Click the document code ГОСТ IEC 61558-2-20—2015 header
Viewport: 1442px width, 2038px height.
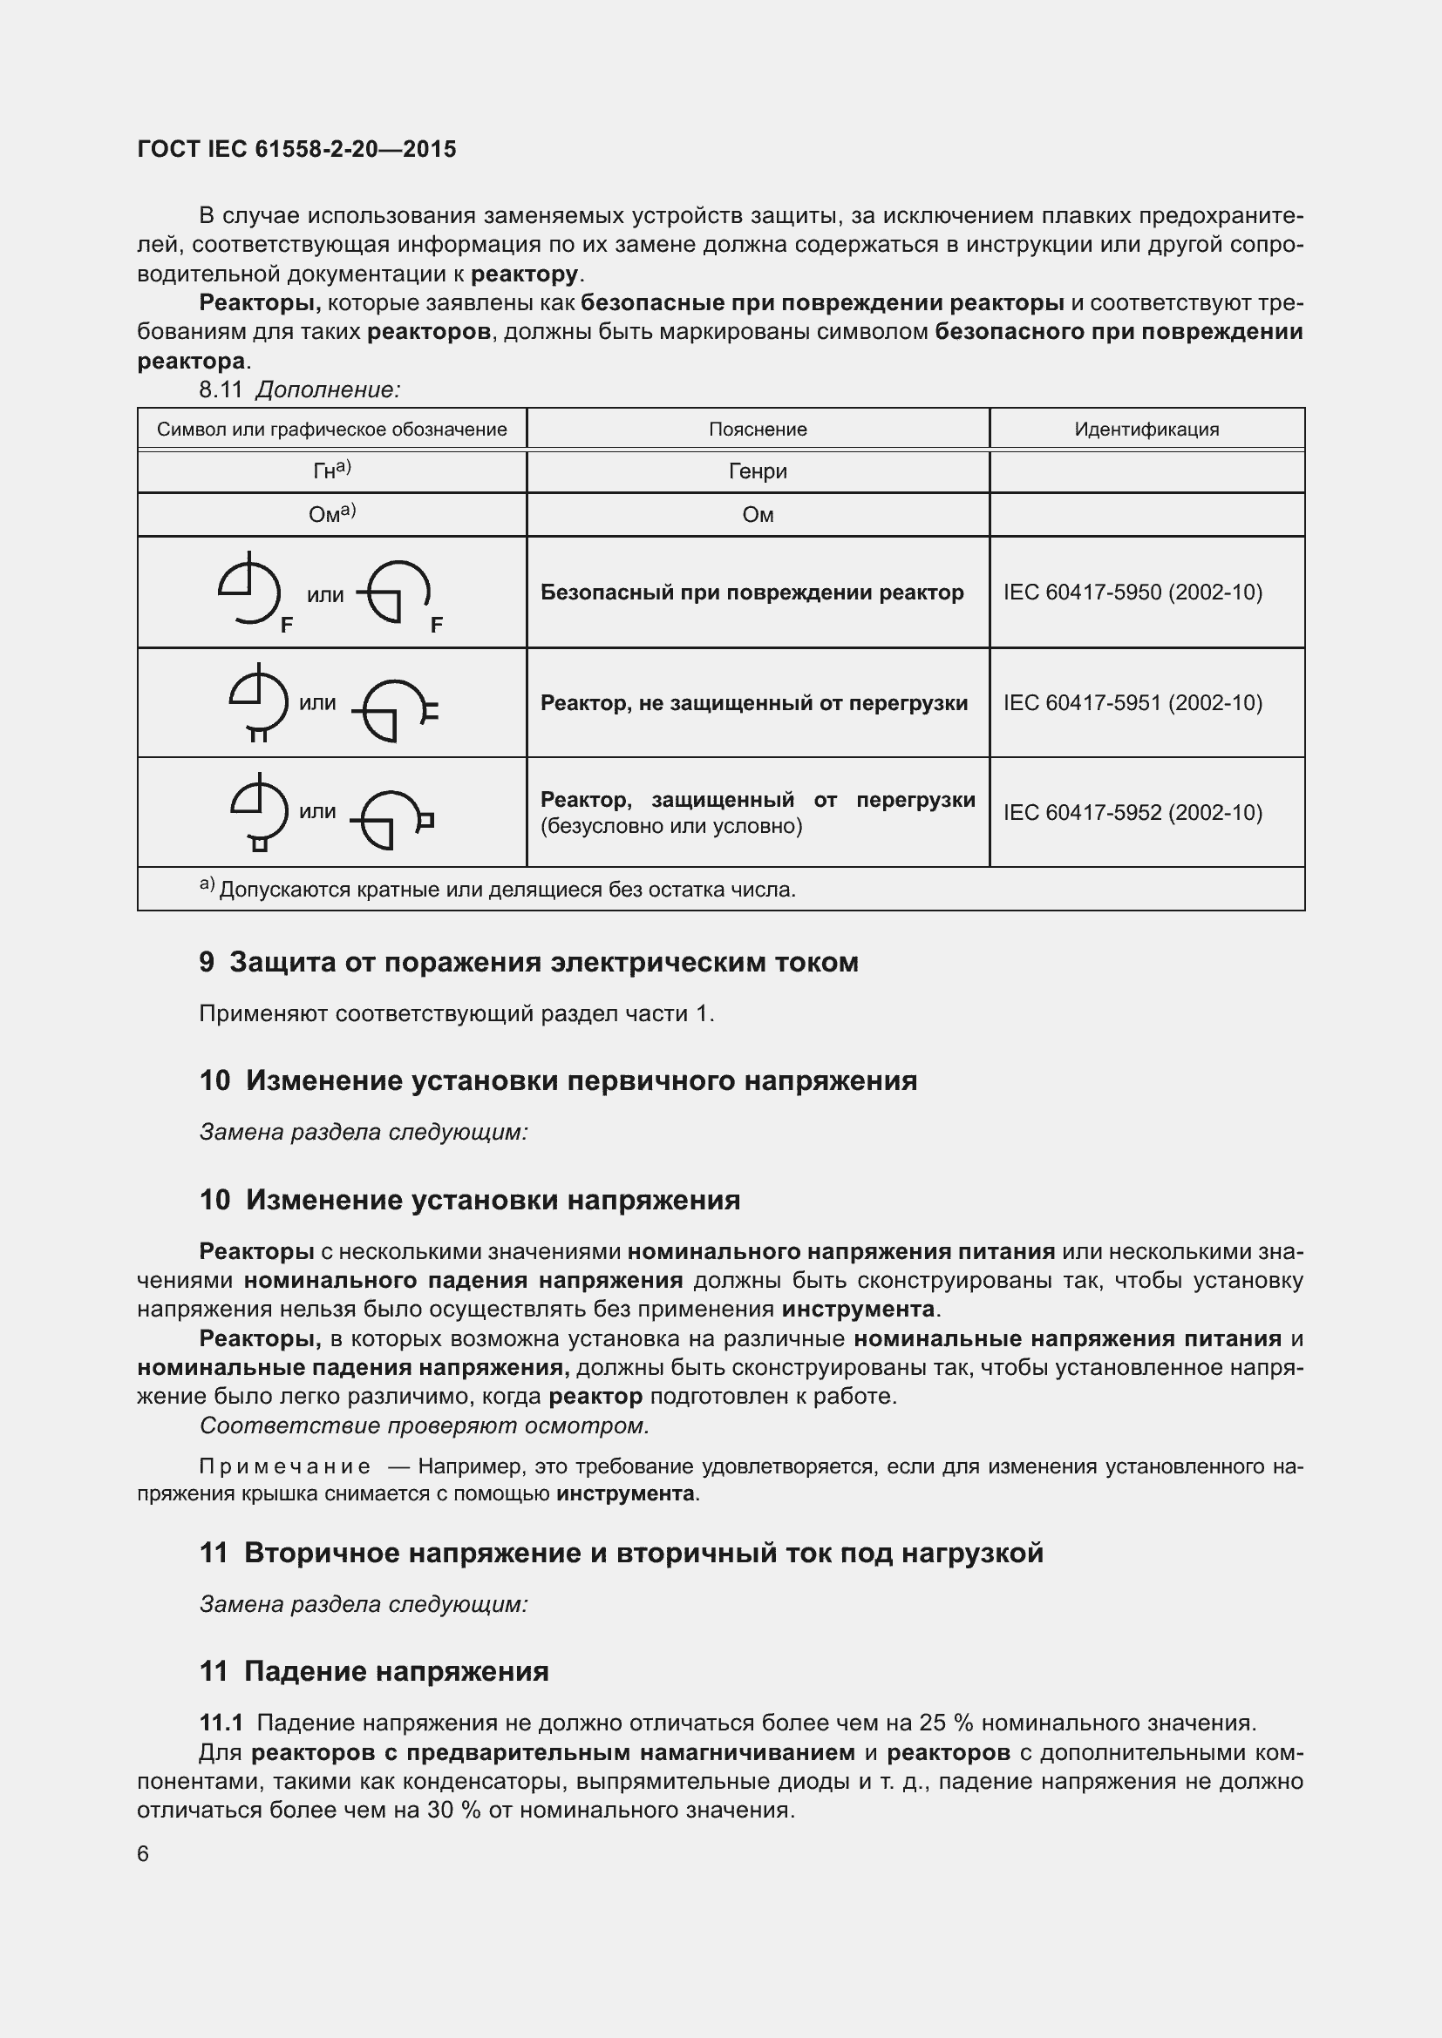point(296,149)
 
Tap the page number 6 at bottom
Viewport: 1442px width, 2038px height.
point(143,1853)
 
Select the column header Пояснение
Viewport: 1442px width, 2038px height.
point(758,430)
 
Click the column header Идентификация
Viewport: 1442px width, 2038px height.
point(1146,430)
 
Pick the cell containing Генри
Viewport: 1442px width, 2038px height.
point(758,471)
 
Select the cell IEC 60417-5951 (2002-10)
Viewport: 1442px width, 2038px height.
point(1133,703)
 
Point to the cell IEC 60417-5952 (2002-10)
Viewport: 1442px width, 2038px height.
point(1133,812)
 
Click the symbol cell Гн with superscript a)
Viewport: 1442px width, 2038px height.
point(331,471)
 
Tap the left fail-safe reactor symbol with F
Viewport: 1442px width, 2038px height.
point(251,590)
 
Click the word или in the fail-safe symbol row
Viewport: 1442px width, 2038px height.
point(325,596)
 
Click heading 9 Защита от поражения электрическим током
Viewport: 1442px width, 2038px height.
point(528,962)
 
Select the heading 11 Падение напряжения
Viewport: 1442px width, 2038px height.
point(374,1671)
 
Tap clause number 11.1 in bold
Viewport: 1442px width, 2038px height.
point(221,1723)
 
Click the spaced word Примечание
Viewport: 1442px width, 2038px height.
point(285,1466)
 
